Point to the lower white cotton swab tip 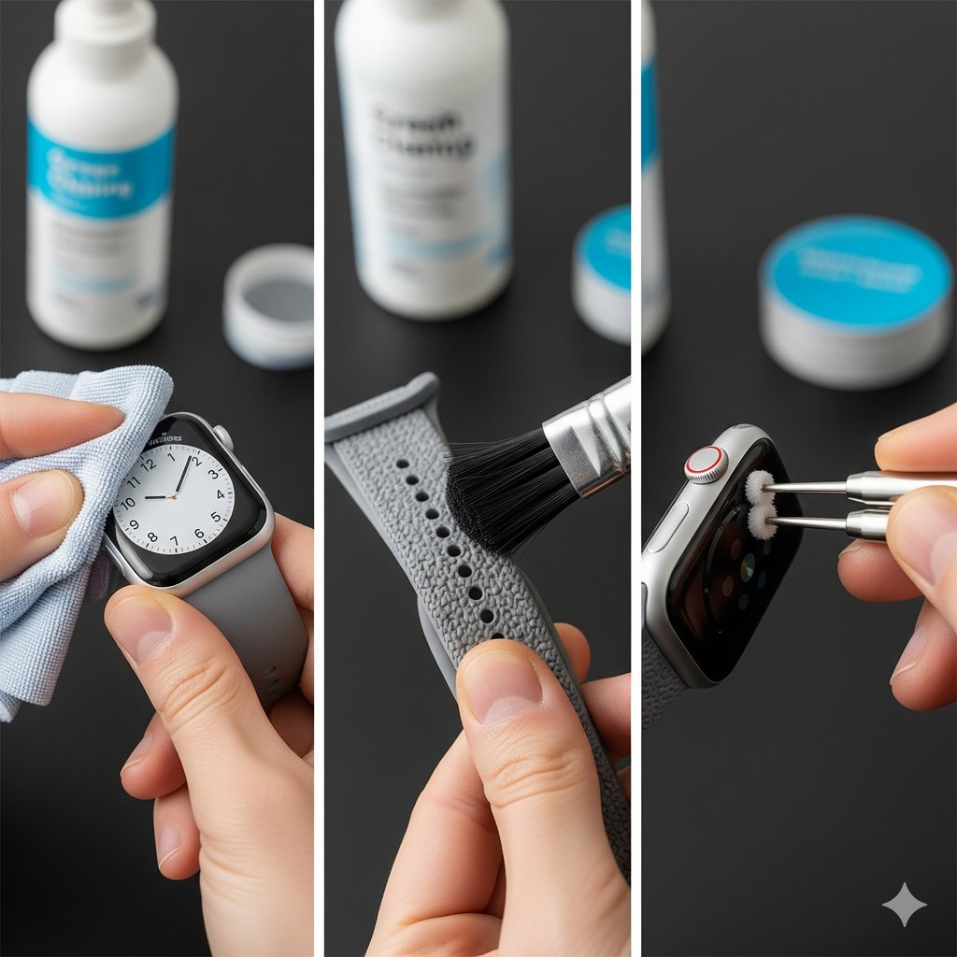point(761,522)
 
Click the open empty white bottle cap point(269,304)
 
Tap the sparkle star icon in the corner point(904,904)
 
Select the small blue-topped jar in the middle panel point(602,272)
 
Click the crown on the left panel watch point(223,437)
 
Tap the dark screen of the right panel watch point(738,579)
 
